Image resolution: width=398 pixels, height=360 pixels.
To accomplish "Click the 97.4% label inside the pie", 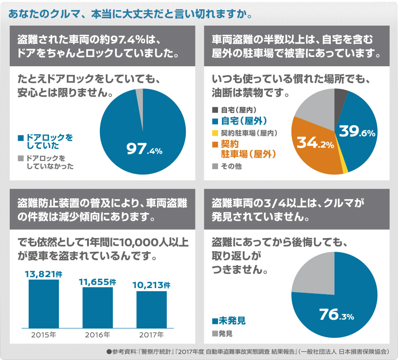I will [145, 150].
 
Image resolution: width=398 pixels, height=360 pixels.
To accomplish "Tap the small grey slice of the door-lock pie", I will [139, 94].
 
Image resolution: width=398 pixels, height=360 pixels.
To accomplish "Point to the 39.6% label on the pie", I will [356, 131].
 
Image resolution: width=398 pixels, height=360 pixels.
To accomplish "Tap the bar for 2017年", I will [151, 309].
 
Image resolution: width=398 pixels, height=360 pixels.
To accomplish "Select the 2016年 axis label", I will [97, 334].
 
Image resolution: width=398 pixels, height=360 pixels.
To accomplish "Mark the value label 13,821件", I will [43, 274].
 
